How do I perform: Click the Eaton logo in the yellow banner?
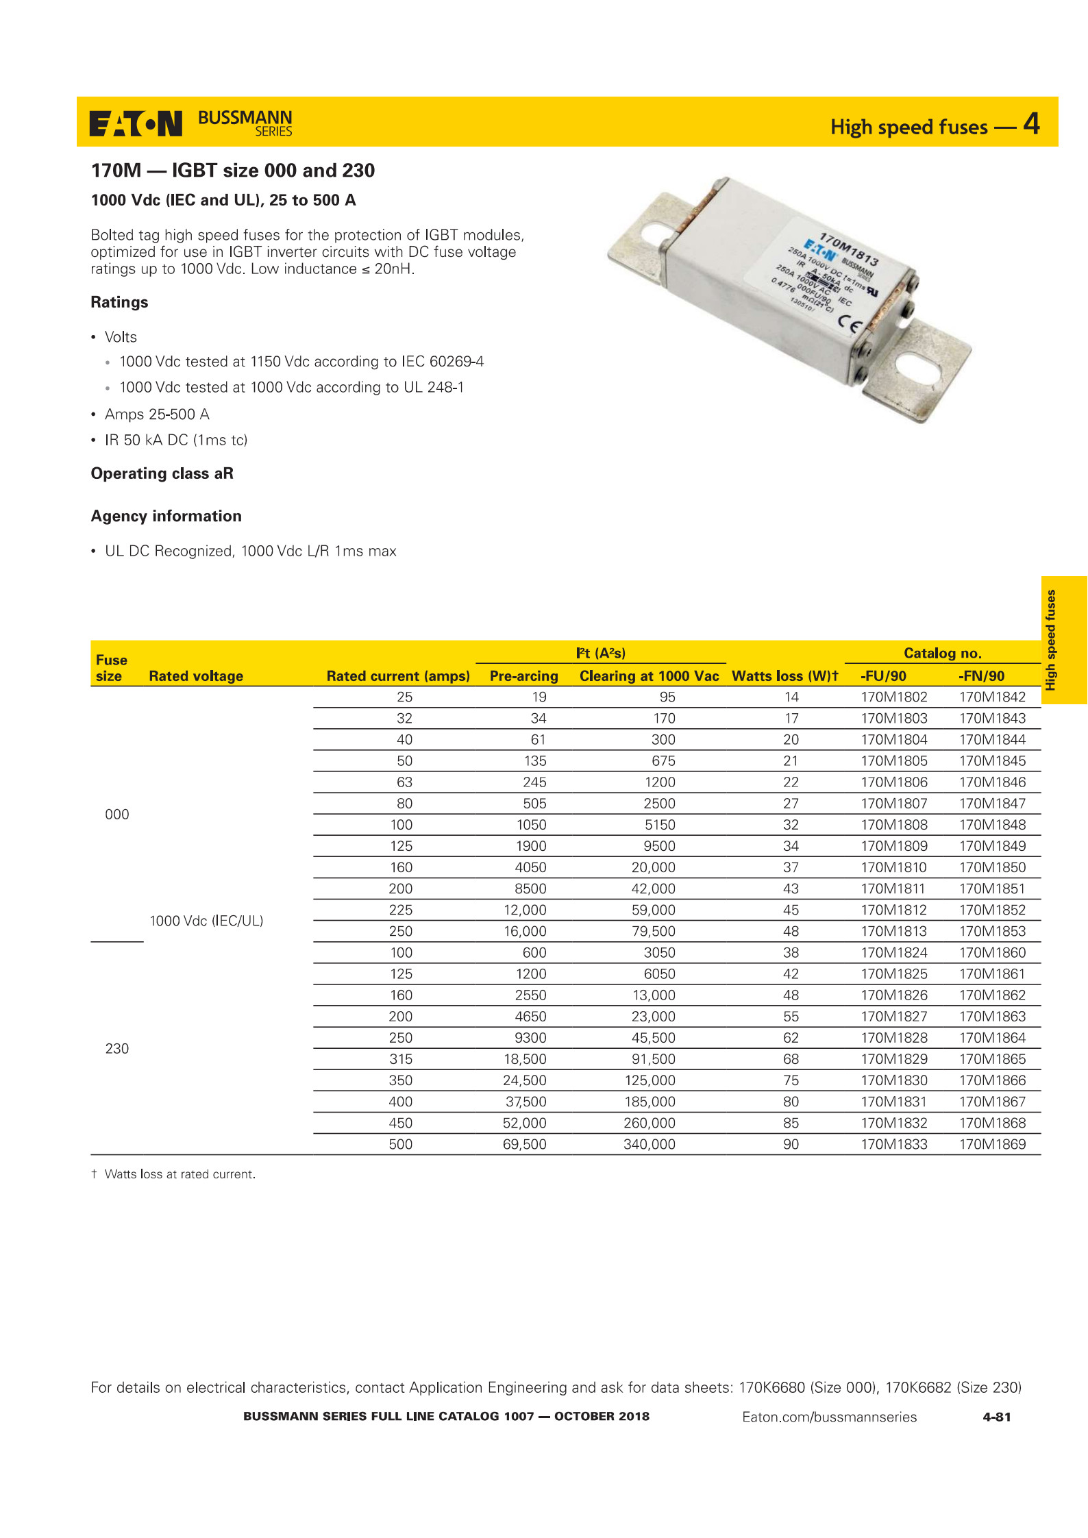[136, 123]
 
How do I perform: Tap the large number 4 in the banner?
[1031, 124]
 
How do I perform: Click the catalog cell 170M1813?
[893, 931]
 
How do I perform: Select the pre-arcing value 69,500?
[524, 1144]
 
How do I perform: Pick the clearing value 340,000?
[649, 1144]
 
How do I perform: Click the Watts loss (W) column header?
[784, 676]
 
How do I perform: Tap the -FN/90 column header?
[981, 676]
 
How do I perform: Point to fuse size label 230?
[117, 1048]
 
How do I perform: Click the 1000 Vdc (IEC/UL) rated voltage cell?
[206, 921]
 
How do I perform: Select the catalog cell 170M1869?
[992, 1144]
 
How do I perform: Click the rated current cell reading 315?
[401, 1059]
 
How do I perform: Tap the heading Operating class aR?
[162, 473]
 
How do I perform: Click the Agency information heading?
[166, 516]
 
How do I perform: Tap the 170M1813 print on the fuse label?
[849, 249]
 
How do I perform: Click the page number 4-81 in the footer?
[996, 1417]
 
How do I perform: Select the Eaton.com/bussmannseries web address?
[829, 1417]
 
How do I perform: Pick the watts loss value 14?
[791, 697]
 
